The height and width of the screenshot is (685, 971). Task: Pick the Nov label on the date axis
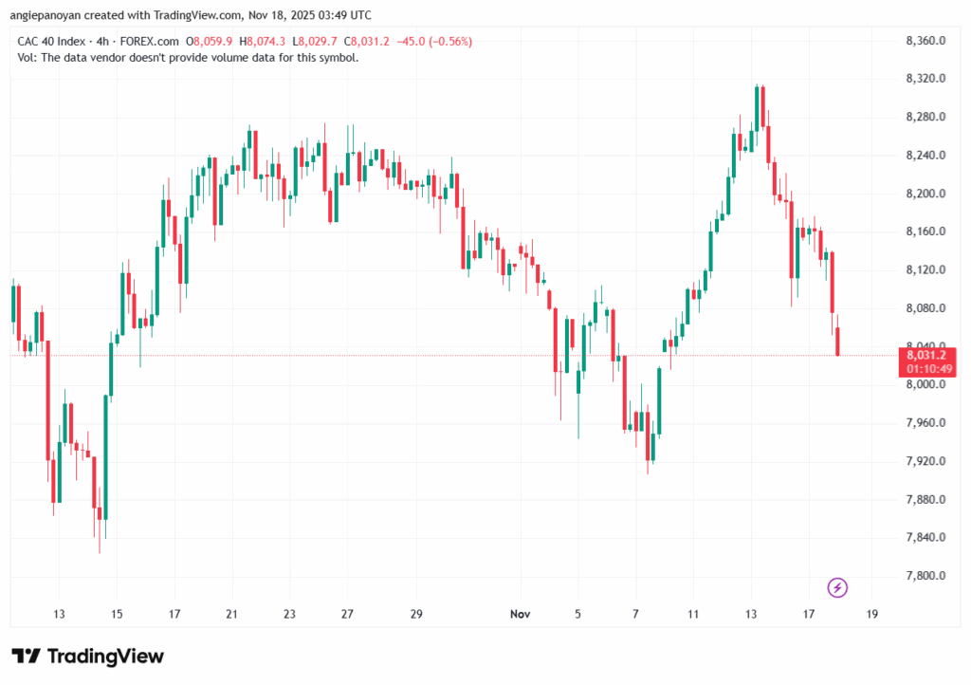coord(520,615)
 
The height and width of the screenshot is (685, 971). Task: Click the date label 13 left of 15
coord(59,615)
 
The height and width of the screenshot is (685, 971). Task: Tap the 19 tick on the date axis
coord(872,615)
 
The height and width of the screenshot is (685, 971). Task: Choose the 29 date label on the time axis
coord(416,615)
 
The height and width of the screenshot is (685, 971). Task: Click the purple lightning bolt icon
coord(837,587)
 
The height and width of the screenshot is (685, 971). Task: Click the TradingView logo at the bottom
coord(87,657)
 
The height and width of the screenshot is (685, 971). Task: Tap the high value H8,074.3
coord(265,42)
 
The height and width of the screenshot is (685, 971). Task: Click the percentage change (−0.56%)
coord(449,42)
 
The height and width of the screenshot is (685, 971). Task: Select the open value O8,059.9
coord(211,42)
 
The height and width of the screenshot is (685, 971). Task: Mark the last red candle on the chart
coord(838,342)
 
